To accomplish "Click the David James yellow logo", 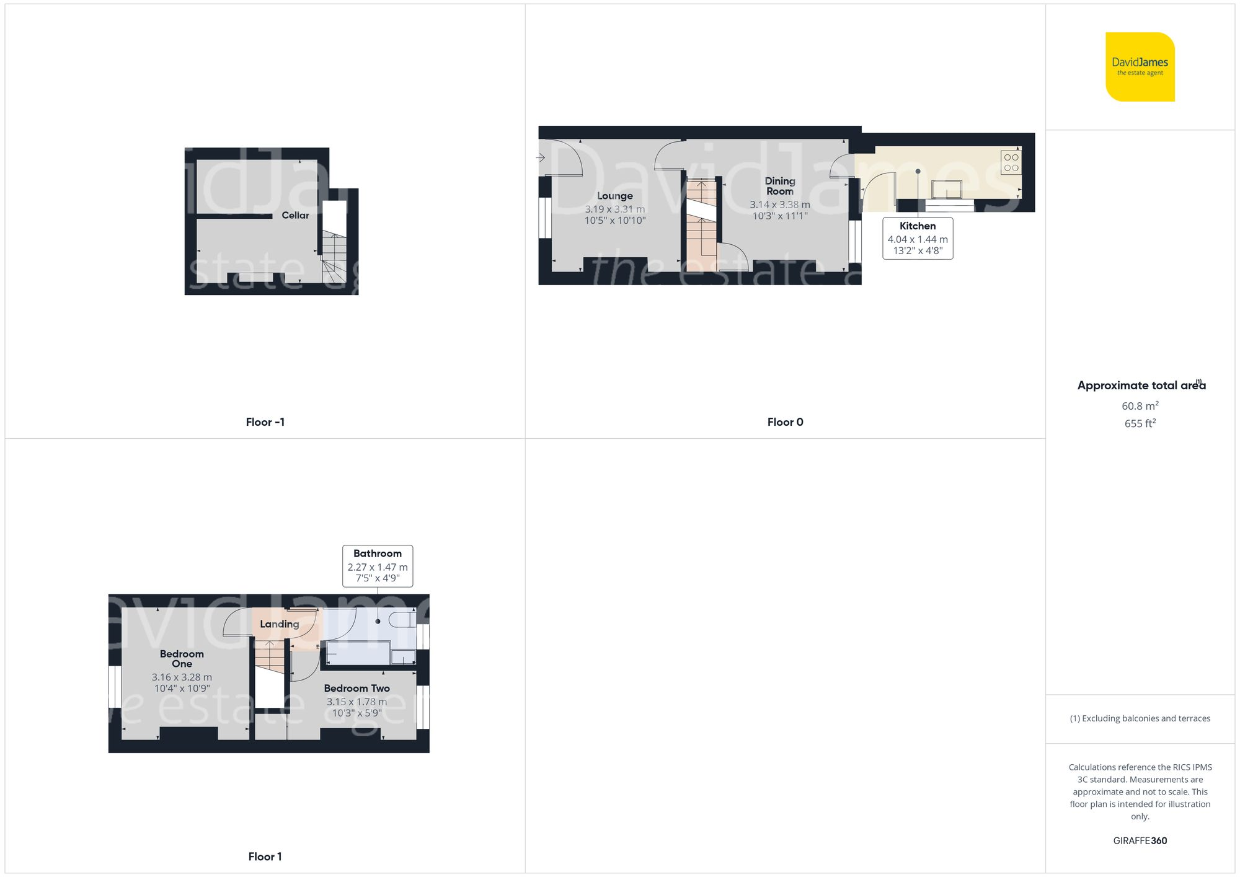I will pos(1140,67).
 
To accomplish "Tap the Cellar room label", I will pos(295,215).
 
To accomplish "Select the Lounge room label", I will pos(614,196).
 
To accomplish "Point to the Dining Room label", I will pos(779,186).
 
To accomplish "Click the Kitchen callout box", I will pos(918,238).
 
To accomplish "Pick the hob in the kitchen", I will pos(1011,162).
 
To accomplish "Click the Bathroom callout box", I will pos(378,565).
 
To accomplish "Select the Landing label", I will pos(279,624).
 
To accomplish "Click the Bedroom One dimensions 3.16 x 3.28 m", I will pos(182,677).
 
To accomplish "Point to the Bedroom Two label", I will pos(356,688).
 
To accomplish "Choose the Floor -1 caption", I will pos(265,422).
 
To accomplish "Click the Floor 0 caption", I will pos(785,422).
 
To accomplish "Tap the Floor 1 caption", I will pos(265,857).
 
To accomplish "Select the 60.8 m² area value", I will pos(1140,406).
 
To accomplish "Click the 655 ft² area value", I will pos(1140,423).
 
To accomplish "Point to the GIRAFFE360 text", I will pos(1140,840).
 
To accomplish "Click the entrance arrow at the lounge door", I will pos(541,157).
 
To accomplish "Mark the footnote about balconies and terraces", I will pos(1140,718).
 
